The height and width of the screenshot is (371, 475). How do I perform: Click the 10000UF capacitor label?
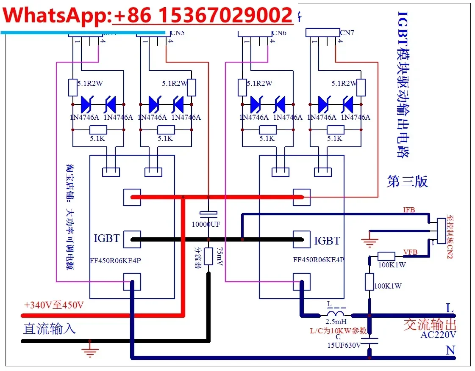click(x=206, y=224)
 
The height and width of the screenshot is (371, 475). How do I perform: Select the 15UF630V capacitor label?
click(x=344, y=345)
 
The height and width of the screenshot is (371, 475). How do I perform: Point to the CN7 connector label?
click(x=347, y=33)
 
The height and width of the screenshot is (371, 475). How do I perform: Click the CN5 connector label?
click(x=177, y=33)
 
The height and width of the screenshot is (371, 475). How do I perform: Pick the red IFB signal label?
click(x=409, y=209)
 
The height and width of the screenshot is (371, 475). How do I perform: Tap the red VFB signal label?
click(x=410, y=252)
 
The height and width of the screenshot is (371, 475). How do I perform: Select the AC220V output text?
click(x=438, y=335)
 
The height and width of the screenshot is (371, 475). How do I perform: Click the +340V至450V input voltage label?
click(x=54, y=305)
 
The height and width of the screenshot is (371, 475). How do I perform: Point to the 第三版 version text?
click(x=407, y=181)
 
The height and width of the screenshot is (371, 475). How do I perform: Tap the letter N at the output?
click(x=450, y=350)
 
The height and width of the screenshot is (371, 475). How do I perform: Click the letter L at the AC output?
click(x=450, y=308)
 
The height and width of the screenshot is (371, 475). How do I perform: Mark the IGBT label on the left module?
click(x=107, y=239)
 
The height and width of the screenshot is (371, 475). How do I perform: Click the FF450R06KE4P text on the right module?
click(x=318, y=260)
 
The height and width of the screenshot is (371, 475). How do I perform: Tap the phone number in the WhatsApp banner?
click(x=203, y=16)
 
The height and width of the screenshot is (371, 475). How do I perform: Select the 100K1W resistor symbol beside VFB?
click(x=386, y=256)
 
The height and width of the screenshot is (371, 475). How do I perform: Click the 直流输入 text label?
click(x=49, y=329)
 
